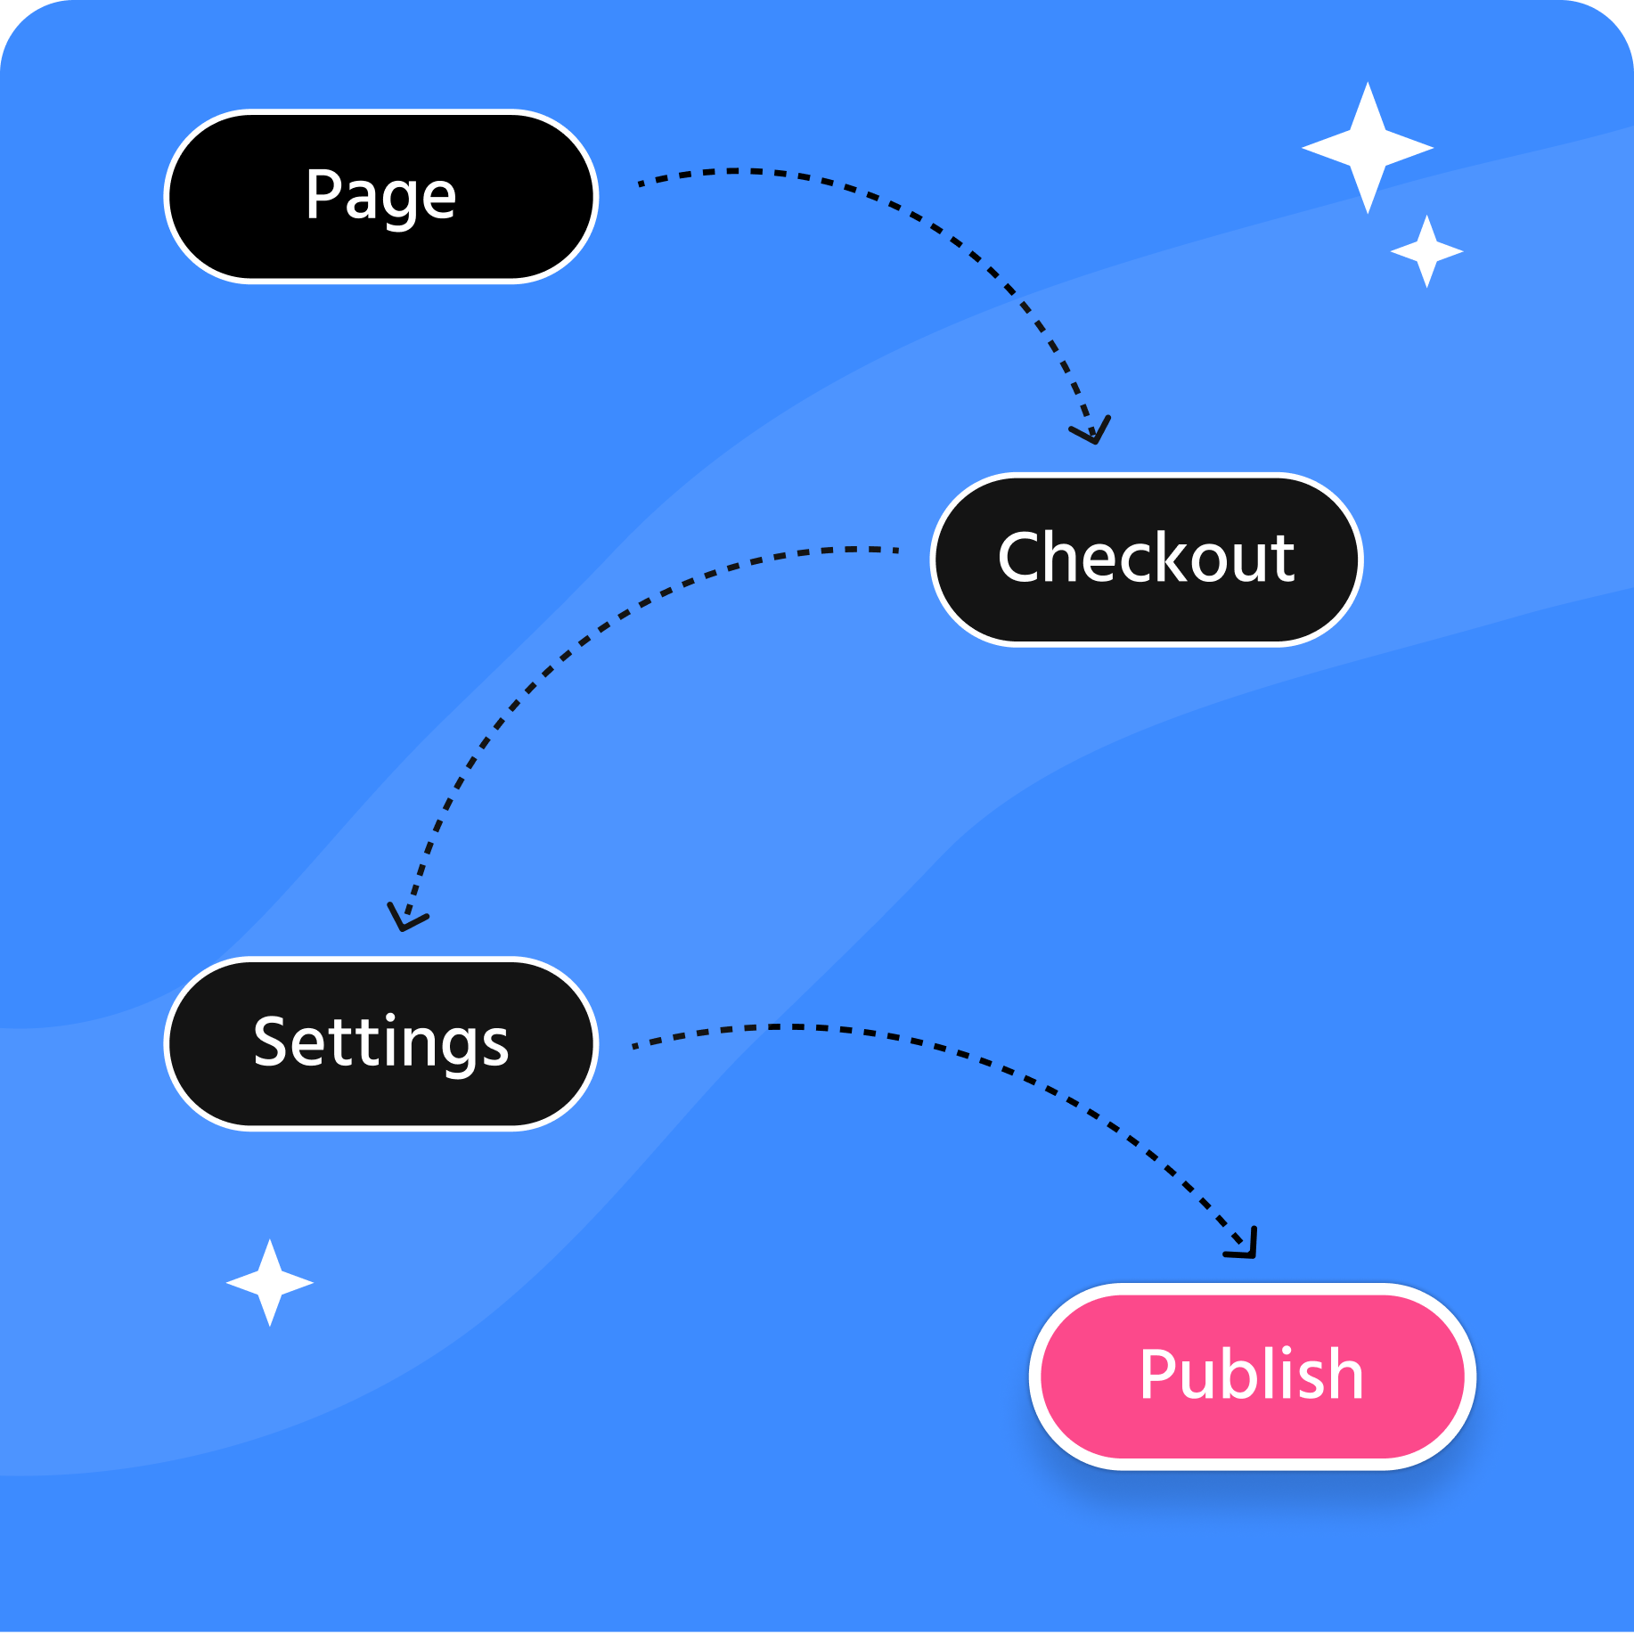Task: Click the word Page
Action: pyautogui.click(x=380, y=195)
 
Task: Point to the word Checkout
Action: pyautogui.click(x=1146, y=558)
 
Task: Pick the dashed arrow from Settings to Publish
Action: pyautogui.click(x=980, y=1060)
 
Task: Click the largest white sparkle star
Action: pyautogui.click(x=1368, y=148)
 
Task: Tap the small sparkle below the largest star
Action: pyautogui.click(x=1426, y=252)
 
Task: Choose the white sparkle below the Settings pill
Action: pyautogui.click(x=270, y=1283)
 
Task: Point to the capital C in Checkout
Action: pyautogui.click(x=1021, y=558)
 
